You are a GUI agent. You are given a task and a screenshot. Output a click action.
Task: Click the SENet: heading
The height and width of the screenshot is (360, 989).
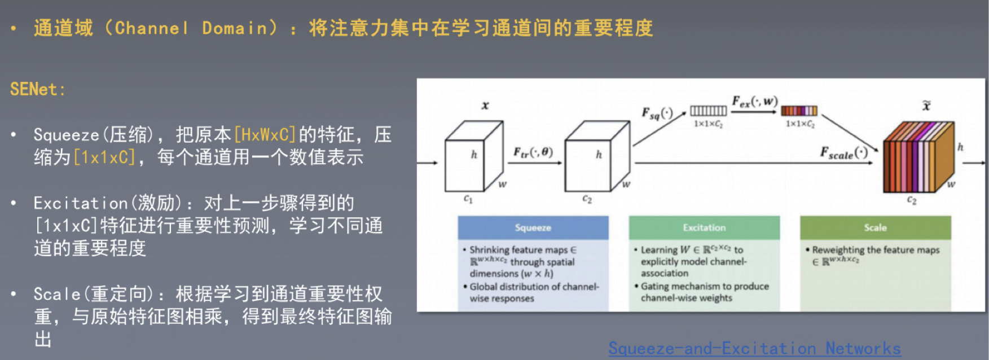pos(37,89)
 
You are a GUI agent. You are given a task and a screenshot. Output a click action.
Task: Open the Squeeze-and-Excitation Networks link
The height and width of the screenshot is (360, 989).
pos(754,348)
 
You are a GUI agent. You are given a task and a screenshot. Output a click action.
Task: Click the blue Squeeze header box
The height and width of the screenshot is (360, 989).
pos(533,227)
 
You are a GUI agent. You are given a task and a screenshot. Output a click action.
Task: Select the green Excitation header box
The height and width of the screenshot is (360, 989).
pos(704,227)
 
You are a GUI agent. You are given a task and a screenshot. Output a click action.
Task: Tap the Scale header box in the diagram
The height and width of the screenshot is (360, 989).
pos(875,227)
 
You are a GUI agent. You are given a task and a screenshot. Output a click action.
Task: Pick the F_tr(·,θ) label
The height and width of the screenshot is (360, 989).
pos(533,152)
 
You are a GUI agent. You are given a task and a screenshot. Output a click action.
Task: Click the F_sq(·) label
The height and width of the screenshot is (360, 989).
pos(657,113)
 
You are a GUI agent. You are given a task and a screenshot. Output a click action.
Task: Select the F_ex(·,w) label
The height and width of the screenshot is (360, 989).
pos(754,102)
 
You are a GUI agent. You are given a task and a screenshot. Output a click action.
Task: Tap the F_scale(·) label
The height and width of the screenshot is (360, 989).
pos(843,153)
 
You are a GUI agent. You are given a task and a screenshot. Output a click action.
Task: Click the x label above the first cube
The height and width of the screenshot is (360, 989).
pos(485,106)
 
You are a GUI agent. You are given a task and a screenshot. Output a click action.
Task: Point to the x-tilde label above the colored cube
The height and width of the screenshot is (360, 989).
pos(926,106)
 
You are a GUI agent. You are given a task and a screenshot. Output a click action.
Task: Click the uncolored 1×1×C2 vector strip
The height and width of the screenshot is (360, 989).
pos(709,111)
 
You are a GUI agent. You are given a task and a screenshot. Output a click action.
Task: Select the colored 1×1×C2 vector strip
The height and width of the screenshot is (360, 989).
pos(799,111)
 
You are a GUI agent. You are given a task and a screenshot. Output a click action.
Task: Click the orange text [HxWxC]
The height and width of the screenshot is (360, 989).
pos(265,135)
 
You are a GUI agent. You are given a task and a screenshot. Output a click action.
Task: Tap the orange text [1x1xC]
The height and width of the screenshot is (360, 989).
pos(105,157)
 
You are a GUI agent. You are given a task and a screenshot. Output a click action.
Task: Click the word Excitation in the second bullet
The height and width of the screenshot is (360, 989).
pos(81,203)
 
